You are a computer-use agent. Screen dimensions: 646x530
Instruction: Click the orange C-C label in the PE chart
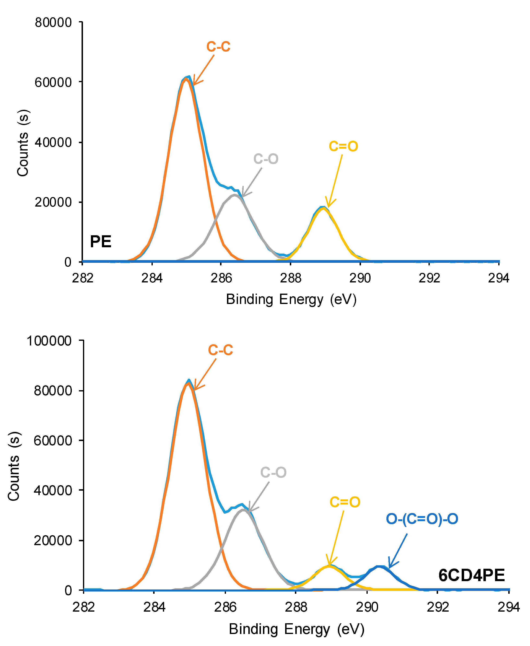coord(218,47)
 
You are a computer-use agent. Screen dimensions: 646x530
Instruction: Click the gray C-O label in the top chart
coord(266,159)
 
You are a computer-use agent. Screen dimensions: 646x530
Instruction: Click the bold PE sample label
coord(100,242)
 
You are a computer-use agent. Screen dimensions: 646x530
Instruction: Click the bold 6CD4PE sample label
coord(472,575)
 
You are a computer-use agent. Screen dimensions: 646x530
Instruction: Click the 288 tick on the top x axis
coord(290,278)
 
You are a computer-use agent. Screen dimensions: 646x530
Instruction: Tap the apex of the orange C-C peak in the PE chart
coord(186,78)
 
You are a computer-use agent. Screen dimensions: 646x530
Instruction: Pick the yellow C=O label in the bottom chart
coord(345,502)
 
